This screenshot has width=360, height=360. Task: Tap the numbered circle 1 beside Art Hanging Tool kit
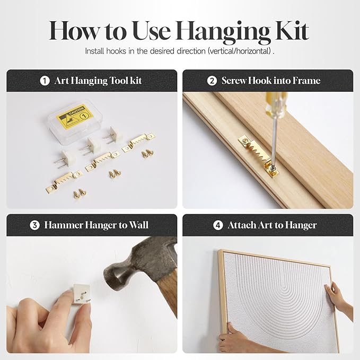(x=45, y=81)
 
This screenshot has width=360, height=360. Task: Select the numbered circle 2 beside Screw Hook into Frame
(x=212, y=81)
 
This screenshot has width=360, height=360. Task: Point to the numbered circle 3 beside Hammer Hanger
(x=34, y=225)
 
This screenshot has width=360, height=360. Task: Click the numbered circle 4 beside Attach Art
(x=218, y=225)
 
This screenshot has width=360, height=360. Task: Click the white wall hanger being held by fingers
(x=82, y=294)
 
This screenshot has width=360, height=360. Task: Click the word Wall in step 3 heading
(x=138, y=225)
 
